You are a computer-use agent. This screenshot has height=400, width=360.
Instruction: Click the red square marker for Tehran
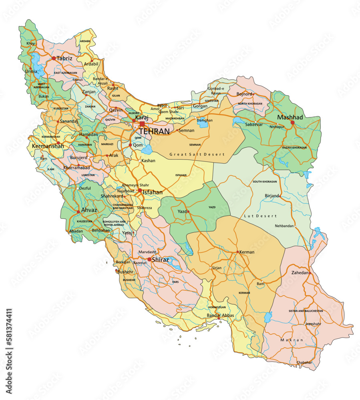click(142, 124)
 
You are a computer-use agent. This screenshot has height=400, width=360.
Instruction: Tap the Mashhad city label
click(290, 117)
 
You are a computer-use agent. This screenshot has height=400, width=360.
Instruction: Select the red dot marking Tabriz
click(54, 58)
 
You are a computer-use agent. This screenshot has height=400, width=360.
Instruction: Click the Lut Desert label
click(260, 216)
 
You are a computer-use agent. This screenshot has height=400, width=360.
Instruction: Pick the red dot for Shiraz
click(149, 260)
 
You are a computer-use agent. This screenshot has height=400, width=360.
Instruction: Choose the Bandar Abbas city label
click(220, 316)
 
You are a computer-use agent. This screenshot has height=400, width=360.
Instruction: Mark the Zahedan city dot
click(310, 273)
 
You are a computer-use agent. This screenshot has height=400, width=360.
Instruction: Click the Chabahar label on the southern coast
click(304, 362)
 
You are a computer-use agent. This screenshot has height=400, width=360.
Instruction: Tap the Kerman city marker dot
click(238, 252)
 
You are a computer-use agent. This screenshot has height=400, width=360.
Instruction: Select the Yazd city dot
click(188, 212)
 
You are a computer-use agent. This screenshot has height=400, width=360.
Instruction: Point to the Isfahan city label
click(153, 192)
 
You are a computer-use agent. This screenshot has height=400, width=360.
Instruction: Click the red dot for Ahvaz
click(78, 212)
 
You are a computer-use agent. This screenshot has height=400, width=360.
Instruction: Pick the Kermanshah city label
click(48, 146)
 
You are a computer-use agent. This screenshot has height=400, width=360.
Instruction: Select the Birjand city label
click(272, 196)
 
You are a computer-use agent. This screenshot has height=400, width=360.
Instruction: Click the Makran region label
click(292, 340)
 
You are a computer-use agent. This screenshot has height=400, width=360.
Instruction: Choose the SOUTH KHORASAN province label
click(265, 182)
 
